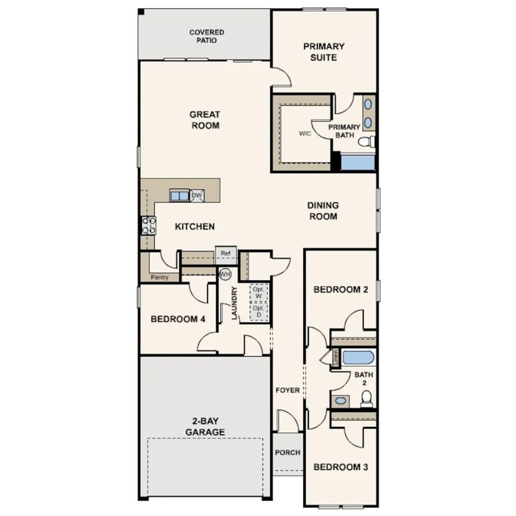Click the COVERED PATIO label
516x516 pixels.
(x=206, y=36)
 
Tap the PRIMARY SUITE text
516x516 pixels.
(x=323, y=52)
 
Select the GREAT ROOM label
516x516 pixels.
(x=204, y=120)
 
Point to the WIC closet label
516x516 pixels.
(x=305, y=134)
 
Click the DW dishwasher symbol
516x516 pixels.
(x=196, y=195)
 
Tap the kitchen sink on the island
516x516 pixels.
(x=180, y=195)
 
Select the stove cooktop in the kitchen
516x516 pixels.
(x=149, y=225)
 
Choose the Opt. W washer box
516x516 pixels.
(x=258, y=293)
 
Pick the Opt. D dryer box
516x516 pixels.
(x=258, y=312)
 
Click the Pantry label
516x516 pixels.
(x=159, y=277)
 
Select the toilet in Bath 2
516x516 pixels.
(x=366, y=399)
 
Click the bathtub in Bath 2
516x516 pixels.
(x=359, y=357)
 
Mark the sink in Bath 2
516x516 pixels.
(x=340, y=401)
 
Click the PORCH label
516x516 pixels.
(x=288, y=452)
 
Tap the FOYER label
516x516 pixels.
(x=288, y=390)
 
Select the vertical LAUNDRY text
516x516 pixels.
(x=234, y=302)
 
